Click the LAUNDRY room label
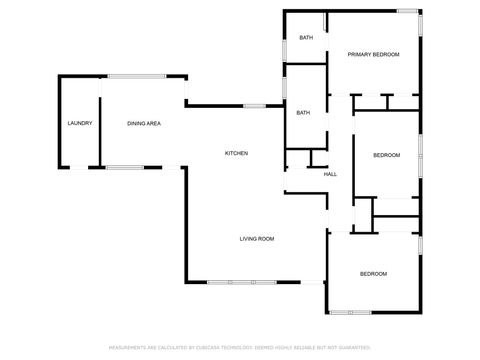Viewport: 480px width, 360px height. click(x=80, y=123)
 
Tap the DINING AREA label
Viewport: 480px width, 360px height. click(x=144, y=123)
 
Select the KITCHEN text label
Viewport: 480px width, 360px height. click(x=236, y=153)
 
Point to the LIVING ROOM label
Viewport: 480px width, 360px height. click(x=257, y=239)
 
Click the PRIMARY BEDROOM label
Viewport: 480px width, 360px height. click(x=373, y=54)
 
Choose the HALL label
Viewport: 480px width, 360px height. click(x=330, y=175)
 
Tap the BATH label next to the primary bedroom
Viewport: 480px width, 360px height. click(x=306, y=38)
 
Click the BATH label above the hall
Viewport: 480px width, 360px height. click(x=303, y=113)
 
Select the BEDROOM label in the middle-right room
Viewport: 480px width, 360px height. click(x=387, y=155)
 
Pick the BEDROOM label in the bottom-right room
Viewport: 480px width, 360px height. click(x=374, y=273)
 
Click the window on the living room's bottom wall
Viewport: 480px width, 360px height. click(x=234, y=283)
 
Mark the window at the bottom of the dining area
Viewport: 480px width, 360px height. click(x=125, y=166)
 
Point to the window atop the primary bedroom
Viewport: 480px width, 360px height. click(x=408, y=11)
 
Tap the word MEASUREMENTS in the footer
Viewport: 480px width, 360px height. click(x=127, y=348)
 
